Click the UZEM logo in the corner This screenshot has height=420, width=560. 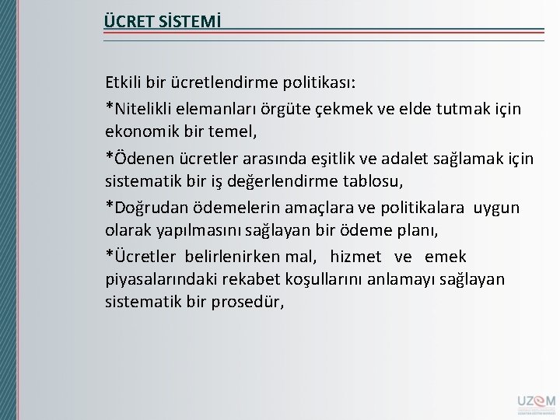click(534, 403)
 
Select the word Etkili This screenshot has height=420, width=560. click(123, 82)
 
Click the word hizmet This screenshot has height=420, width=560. click(356, 257)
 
